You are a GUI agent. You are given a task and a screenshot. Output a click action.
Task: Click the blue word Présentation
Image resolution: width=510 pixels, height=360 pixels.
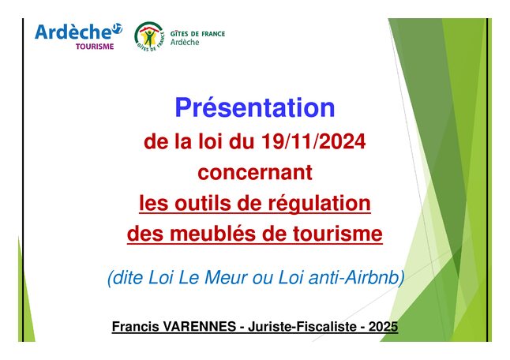[x=255, y=108]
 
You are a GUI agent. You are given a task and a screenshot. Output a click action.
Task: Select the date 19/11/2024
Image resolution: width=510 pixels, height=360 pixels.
[x=313, y=142]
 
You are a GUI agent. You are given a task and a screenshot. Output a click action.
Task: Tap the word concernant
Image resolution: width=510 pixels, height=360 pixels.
[x=255, y=172]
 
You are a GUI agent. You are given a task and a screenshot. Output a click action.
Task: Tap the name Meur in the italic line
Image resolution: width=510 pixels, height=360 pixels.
[x=225, y=278]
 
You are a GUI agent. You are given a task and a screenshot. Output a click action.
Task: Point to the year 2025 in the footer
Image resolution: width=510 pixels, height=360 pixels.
[x=383, y=326]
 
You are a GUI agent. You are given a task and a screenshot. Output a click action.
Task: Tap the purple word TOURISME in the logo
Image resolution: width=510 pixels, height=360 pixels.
[x=95, y=47]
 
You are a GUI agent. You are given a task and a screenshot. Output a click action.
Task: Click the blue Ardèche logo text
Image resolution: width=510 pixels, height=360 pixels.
[x=74, y=32]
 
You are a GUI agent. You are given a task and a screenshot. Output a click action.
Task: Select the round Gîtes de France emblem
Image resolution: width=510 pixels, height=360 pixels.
[x=149, y=36]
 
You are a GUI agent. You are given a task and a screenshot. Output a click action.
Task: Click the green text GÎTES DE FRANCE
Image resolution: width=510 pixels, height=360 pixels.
[x=197, y=34]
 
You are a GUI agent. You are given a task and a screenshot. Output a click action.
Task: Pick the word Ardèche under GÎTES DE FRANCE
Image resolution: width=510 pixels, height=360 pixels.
[x=185, y=43]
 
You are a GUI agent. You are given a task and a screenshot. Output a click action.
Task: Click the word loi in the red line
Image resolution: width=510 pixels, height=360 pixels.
[x=210, y=142]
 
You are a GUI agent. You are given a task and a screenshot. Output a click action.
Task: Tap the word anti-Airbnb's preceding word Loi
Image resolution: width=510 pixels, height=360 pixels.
[x=291, y=278]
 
